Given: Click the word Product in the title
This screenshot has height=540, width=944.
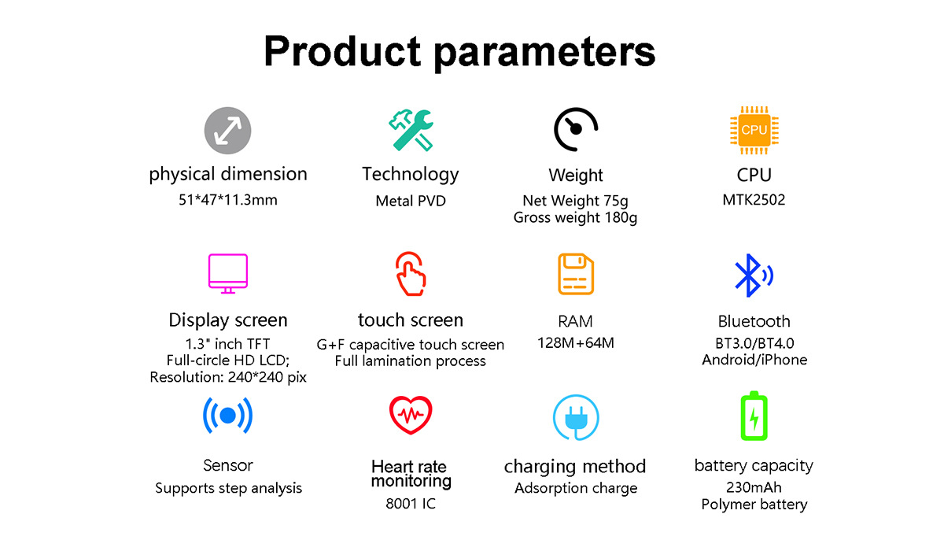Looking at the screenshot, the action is (x=342, y=52).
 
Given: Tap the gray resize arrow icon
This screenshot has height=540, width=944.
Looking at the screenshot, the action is (x=227, y=130).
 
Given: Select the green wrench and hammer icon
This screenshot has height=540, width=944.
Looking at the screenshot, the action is (x=411, y=130).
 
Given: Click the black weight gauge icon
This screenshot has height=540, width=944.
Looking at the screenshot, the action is (x=576, y=129).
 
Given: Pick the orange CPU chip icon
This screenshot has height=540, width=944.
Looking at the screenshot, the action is (x=754, y=130).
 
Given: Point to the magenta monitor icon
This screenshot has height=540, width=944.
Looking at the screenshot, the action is (x=228, y=273).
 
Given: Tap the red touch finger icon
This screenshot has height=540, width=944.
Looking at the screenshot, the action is (x=411, y=274).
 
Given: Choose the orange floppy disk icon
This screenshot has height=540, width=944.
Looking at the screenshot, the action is (x=576, y=274).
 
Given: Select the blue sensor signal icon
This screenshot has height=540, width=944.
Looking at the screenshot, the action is (x=228, y=416).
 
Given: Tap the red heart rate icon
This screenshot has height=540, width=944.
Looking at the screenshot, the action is (x=411, y=415).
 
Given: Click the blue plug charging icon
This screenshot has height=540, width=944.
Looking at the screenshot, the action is (x=576, y=417).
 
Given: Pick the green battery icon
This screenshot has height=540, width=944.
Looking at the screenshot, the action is (x=754, y=416).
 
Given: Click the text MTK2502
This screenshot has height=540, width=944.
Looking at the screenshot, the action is (x=754, y=200).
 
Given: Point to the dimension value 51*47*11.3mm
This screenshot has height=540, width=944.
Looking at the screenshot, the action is (x=228, y=200).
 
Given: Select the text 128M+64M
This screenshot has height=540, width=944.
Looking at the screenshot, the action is (x=576, y=343).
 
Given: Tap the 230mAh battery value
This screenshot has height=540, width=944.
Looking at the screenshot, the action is (x=754, y=488).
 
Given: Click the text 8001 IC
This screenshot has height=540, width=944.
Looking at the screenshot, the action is (x=411, y=504).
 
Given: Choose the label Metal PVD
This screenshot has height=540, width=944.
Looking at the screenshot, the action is (x=411, y=201).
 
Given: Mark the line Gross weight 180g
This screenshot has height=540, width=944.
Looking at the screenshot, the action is (x=575, y=218).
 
